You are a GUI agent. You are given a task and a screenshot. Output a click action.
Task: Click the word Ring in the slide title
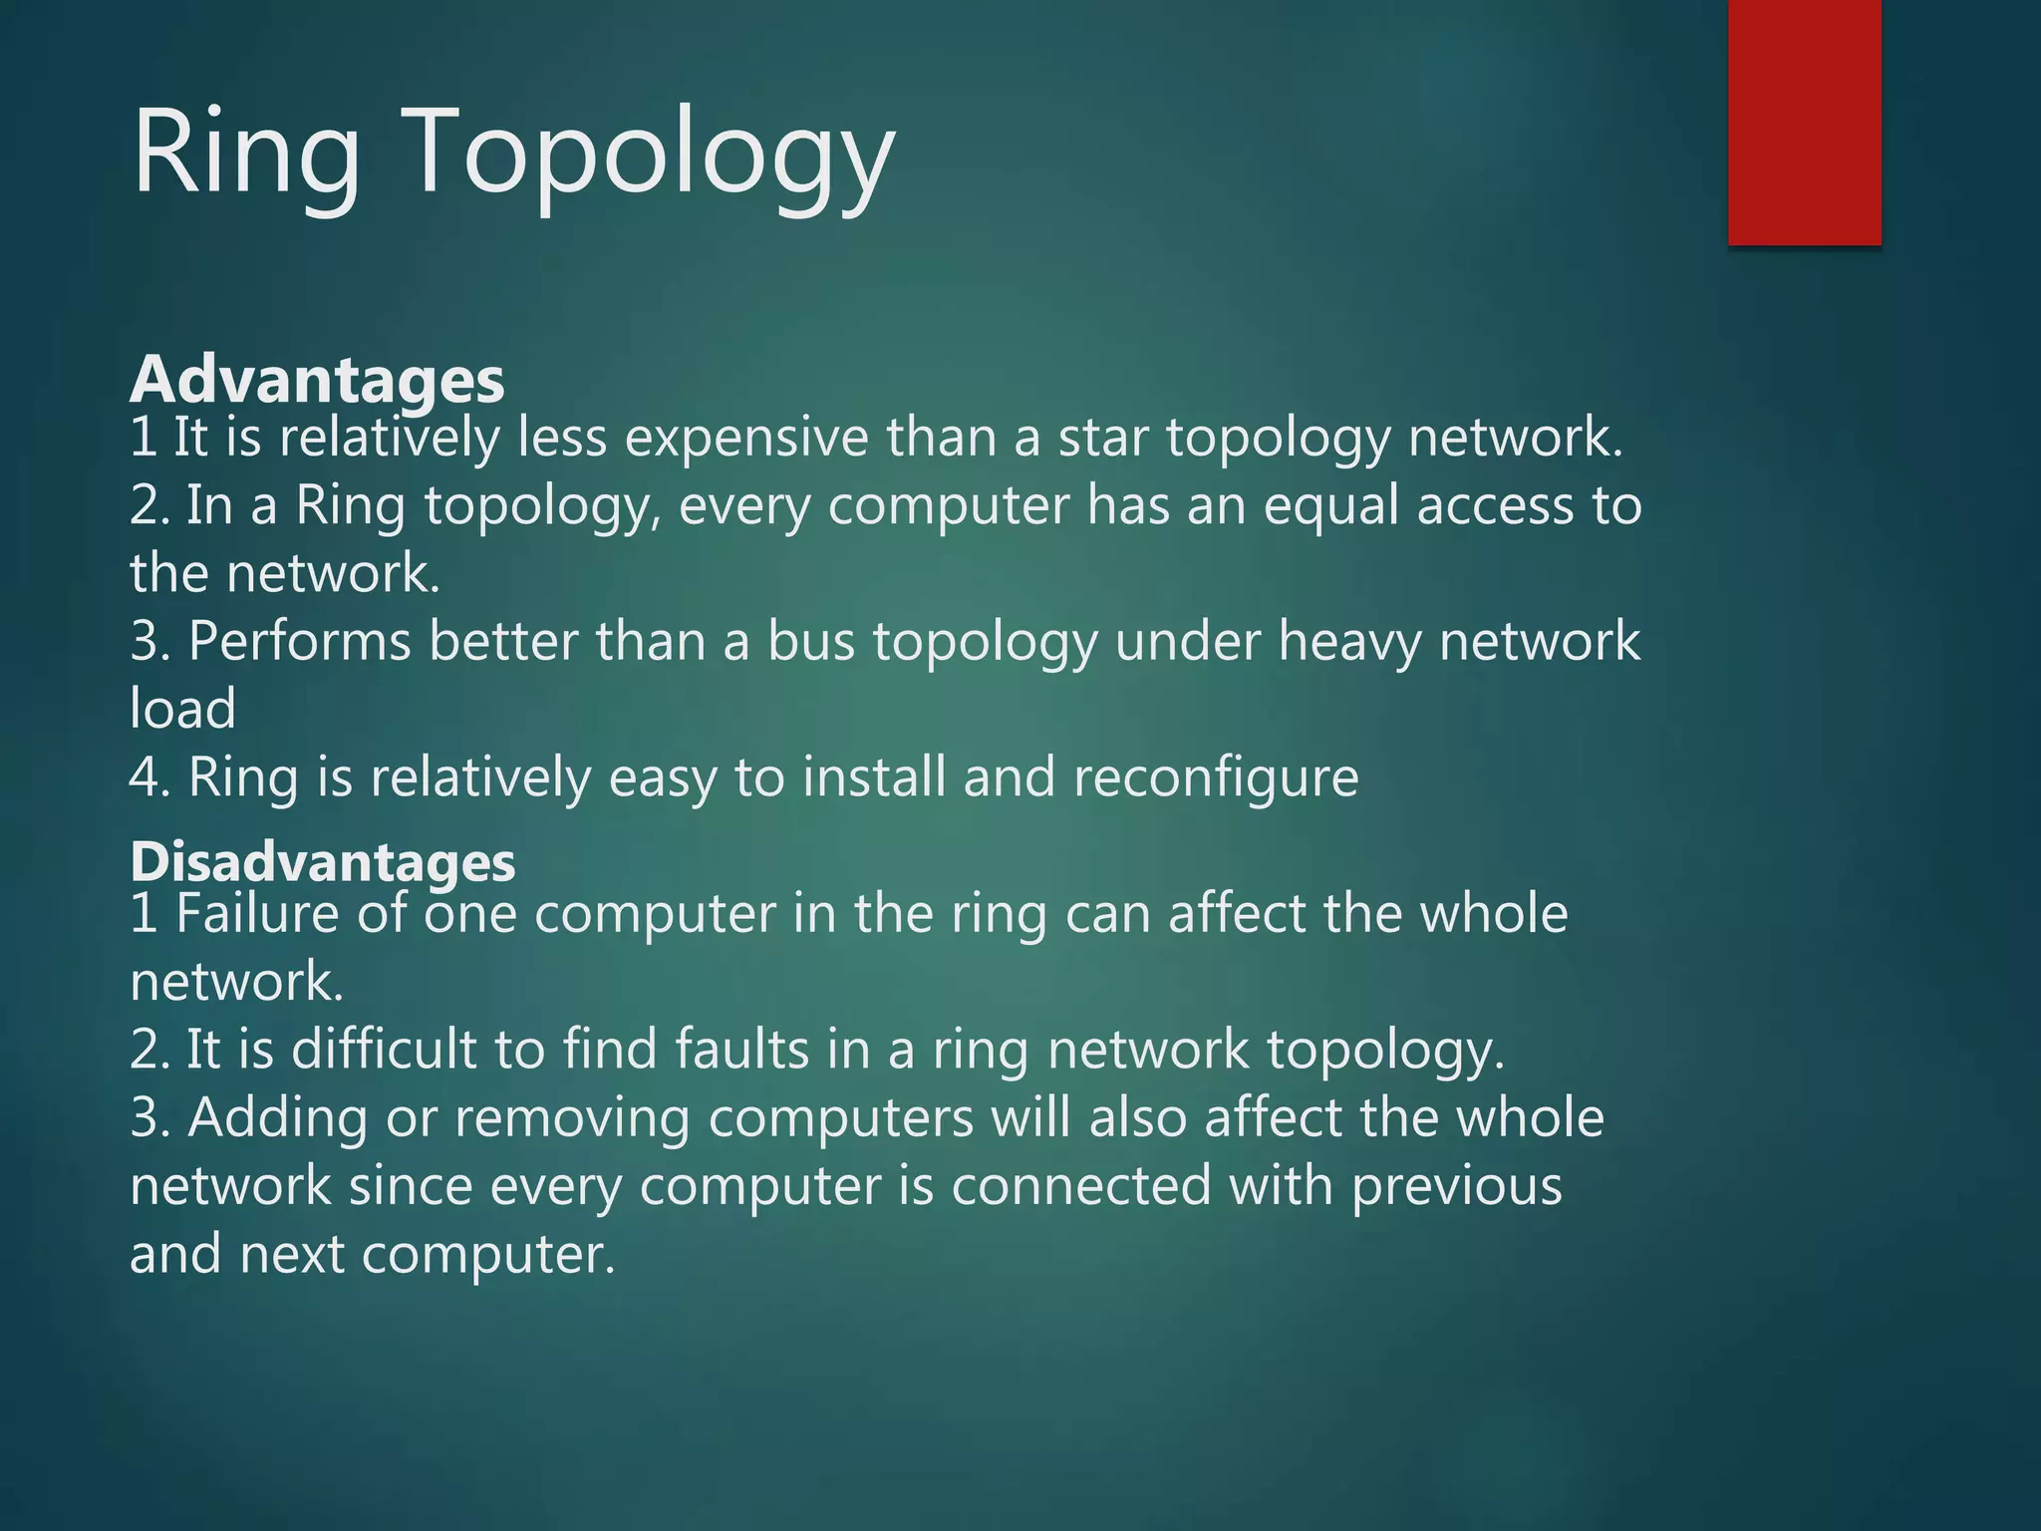click(x=246, y=155)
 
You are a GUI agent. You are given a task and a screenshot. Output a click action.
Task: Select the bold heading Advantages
click(x=317, y=380)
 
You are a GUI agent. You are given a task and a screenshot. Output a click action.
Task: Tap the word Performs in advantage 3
click(x=299, y=641)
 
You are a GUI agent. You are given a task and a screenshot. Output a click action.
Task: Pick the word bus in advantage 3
click(x=810, y=641)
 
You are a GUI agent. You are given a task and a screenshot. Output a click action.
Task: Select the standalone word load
click(x=182, y=709)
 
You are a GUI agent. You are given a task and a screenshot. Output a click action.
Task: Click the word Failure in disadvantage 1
click(x=257, y=914)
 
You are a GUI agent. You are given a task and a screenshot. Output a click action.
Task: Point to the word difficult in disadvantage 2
click(x=384, y=1050)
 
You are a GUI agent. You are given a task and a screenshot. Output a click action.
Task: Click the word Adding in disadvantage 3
click(x=278, y=1117)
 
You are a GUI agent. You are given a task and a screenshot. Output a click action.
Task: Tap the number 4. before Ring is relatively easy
click(x=149, y=778)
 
